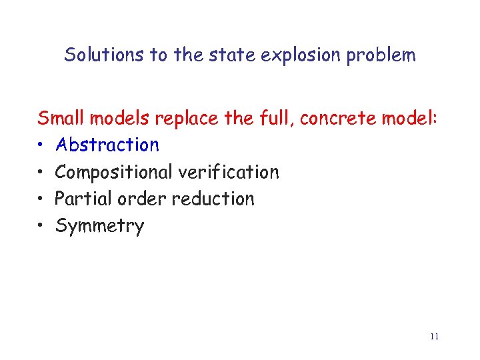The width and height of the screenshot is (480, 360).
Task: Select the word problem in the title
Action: tap(381, 55)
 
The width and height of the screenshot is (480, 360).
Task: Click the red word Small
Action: tap(60, 119)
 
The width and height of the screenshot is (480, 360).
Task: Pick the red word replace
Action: tap(187, 119)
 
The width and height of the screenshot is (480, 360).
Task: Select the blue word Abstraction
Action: tap(107, 145)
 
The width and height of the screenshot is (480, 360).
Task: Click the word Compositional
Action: tap(114, 172)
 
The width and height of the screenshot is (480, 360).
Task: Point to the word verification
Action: tap(228, 172)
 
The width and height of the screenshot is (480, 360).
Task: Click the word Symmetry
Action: tap(99, 226)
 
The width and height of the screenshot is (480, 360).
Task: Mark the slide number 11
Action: tap(434, 337)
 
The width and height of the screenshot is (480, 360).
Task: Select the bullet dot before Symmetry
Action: tap(41, 227)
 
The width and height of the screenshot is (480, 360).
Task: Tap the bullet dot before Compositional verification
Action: tap(41, 173)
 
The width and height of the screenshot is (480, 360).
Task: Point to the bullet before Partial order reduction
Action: tap(41, 199)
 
